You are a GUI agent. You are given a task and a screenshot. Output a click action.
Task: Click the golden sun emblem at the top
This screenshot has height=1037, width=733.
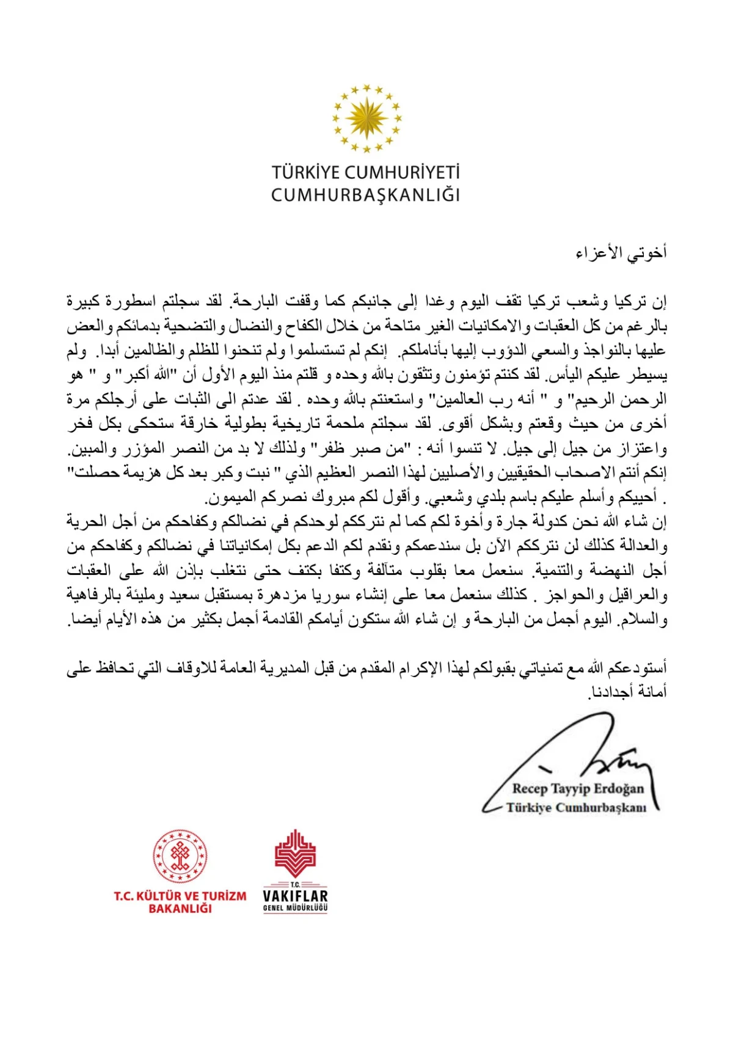366,118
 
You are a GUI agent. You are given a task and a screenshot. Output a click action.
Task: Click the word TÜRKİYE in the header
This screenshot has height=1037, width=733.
306,173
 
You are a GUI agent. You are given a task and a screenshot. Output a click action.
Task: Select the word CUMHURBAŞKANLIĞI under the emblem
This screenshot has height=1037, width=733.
365,195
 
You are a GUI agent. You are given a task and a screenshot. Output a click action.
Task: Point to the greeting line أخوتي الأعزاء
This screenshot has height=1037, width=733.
621,252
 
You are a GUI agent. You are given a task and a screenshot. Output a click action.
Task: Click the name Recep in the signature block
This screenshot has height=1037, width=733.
530,789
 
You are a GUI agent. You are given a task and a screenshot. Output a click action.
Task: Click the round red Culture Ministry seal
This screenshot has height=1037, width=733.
180,856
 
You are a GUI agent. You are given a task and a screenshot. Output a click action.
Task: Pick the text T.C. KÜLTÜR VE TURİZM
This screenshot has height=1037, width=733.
180,896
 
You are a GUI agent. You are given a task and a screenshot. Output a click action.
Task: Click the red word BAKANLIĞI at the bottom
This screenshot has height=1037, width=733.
180,909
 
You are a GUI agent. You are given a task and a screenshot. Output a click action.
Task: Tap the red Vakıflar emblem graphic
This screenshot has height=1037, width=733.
295,853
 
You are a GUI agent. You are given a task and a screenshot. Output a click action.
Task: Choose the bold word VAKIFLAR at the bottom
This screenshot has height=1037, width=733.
295,896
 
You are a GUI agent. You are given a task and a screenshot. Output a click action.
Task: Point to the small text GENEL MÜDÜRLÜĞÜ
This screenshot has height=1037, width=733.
295,908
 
